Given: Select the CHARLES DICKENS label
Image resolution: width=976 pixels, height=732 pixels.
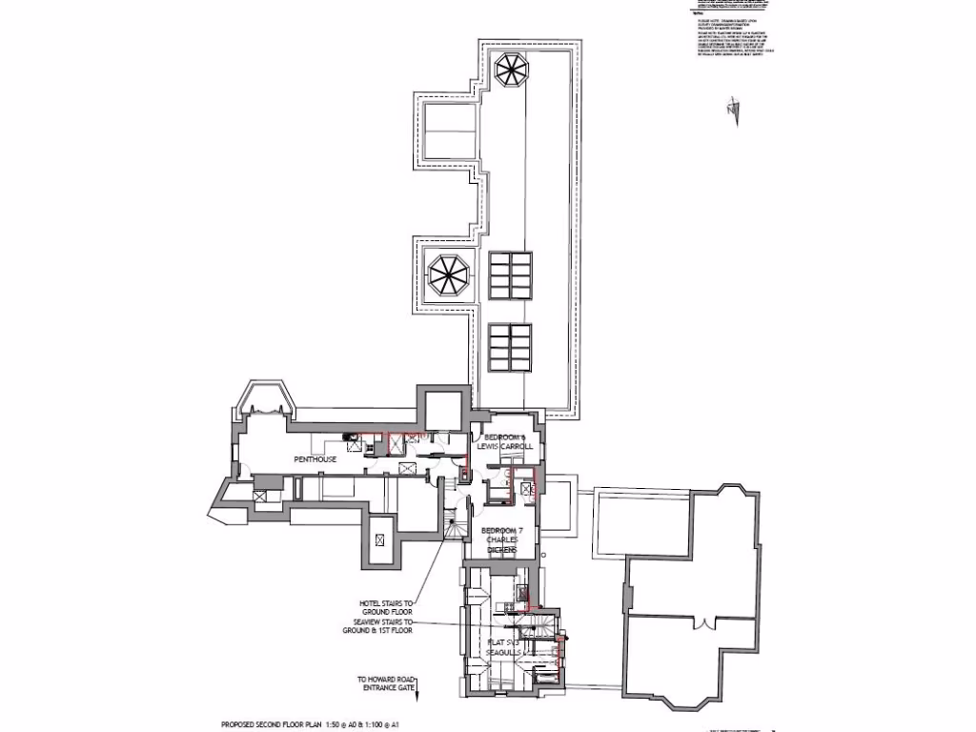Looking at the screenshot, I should click(501, 545).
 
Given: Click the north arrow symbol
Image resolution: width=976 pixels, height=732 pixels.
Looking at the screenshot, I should click(732, 107).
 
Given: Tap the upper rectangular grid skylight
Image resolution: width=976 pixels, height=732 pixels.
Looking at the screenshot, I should click(510, 275).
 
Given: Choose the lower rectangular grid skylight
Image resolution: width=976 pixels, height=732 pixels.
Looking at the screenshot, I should click(510, 347).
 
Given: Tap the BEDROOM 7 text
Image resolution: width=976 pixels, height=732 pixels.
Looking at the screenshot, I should click(501, 530).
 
